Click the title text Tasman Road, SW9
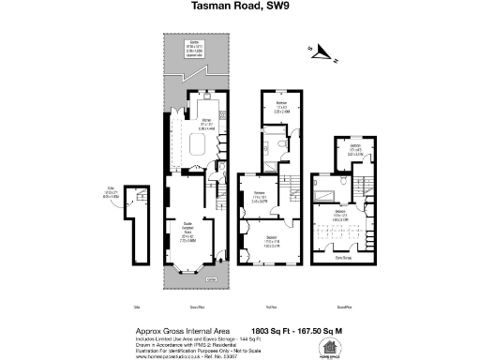point(240,9)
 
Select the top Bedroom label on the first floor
point(280,104)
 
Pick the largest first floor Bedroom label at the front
point(270,239)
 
